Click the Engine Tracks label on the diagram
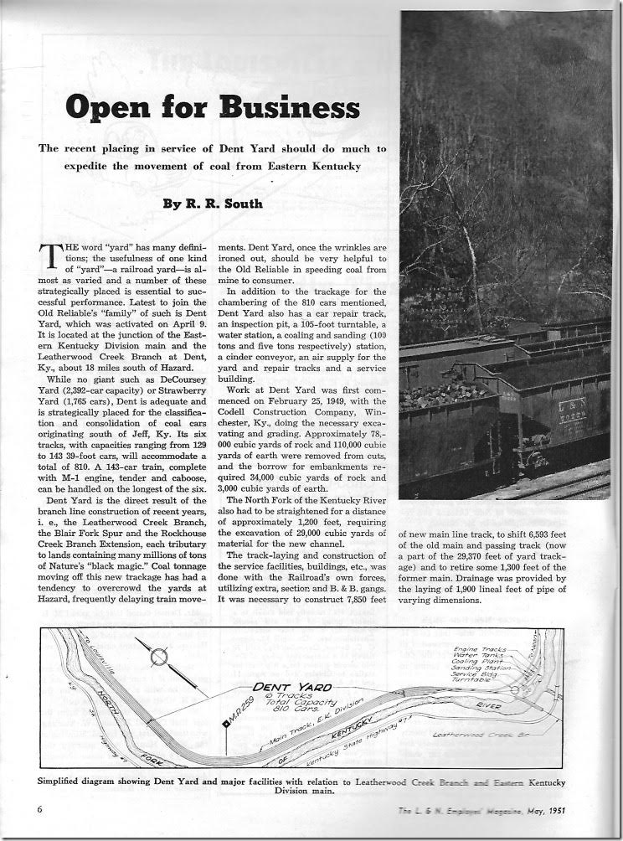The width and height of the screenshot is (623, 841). [x=471, y=651]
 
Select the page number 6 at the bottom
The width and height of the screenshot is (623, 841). [x=39, y=809]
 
